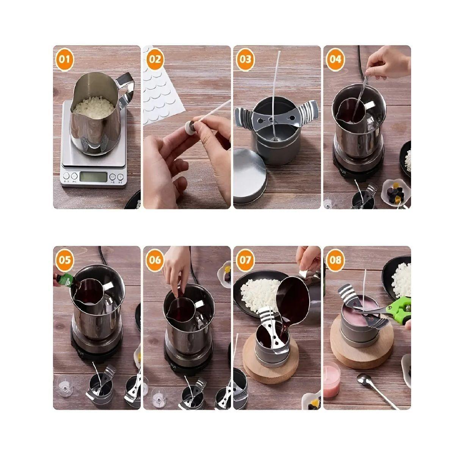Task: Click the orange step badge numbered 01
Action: coord(64,60)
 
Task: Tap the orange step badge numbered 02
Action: coord(155,60)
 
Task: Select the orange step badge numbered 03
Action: coord(245,60)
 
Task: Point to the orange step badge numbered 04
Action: coord(335,60)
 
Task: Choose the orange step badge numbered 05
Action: coord(64,260)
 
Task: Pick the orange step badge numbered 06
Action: coord(155,260)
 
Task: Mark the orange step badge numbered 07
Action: coord(245,260)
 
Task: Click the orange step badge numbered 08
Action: coord(335,260)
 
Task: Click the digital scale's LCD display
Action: coord(94,177)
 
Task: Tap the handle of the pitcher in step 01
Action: coord(126,90)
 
